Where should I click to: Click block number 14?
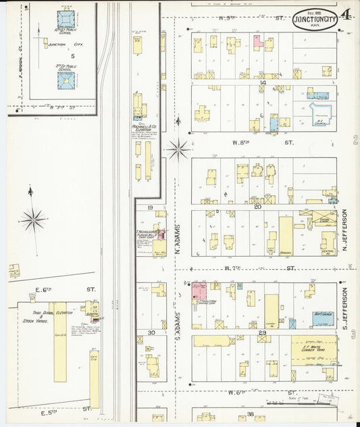click(x=262, y=83)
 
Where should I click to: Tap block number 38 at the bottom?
click(x=250, y=413)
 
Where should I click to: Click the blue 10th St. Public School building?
click(x=66, y=19)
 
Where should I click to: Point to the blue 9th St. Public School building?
click(x=66, y=82)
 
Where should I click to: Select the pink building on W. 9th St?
click(x=257, y=42)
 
